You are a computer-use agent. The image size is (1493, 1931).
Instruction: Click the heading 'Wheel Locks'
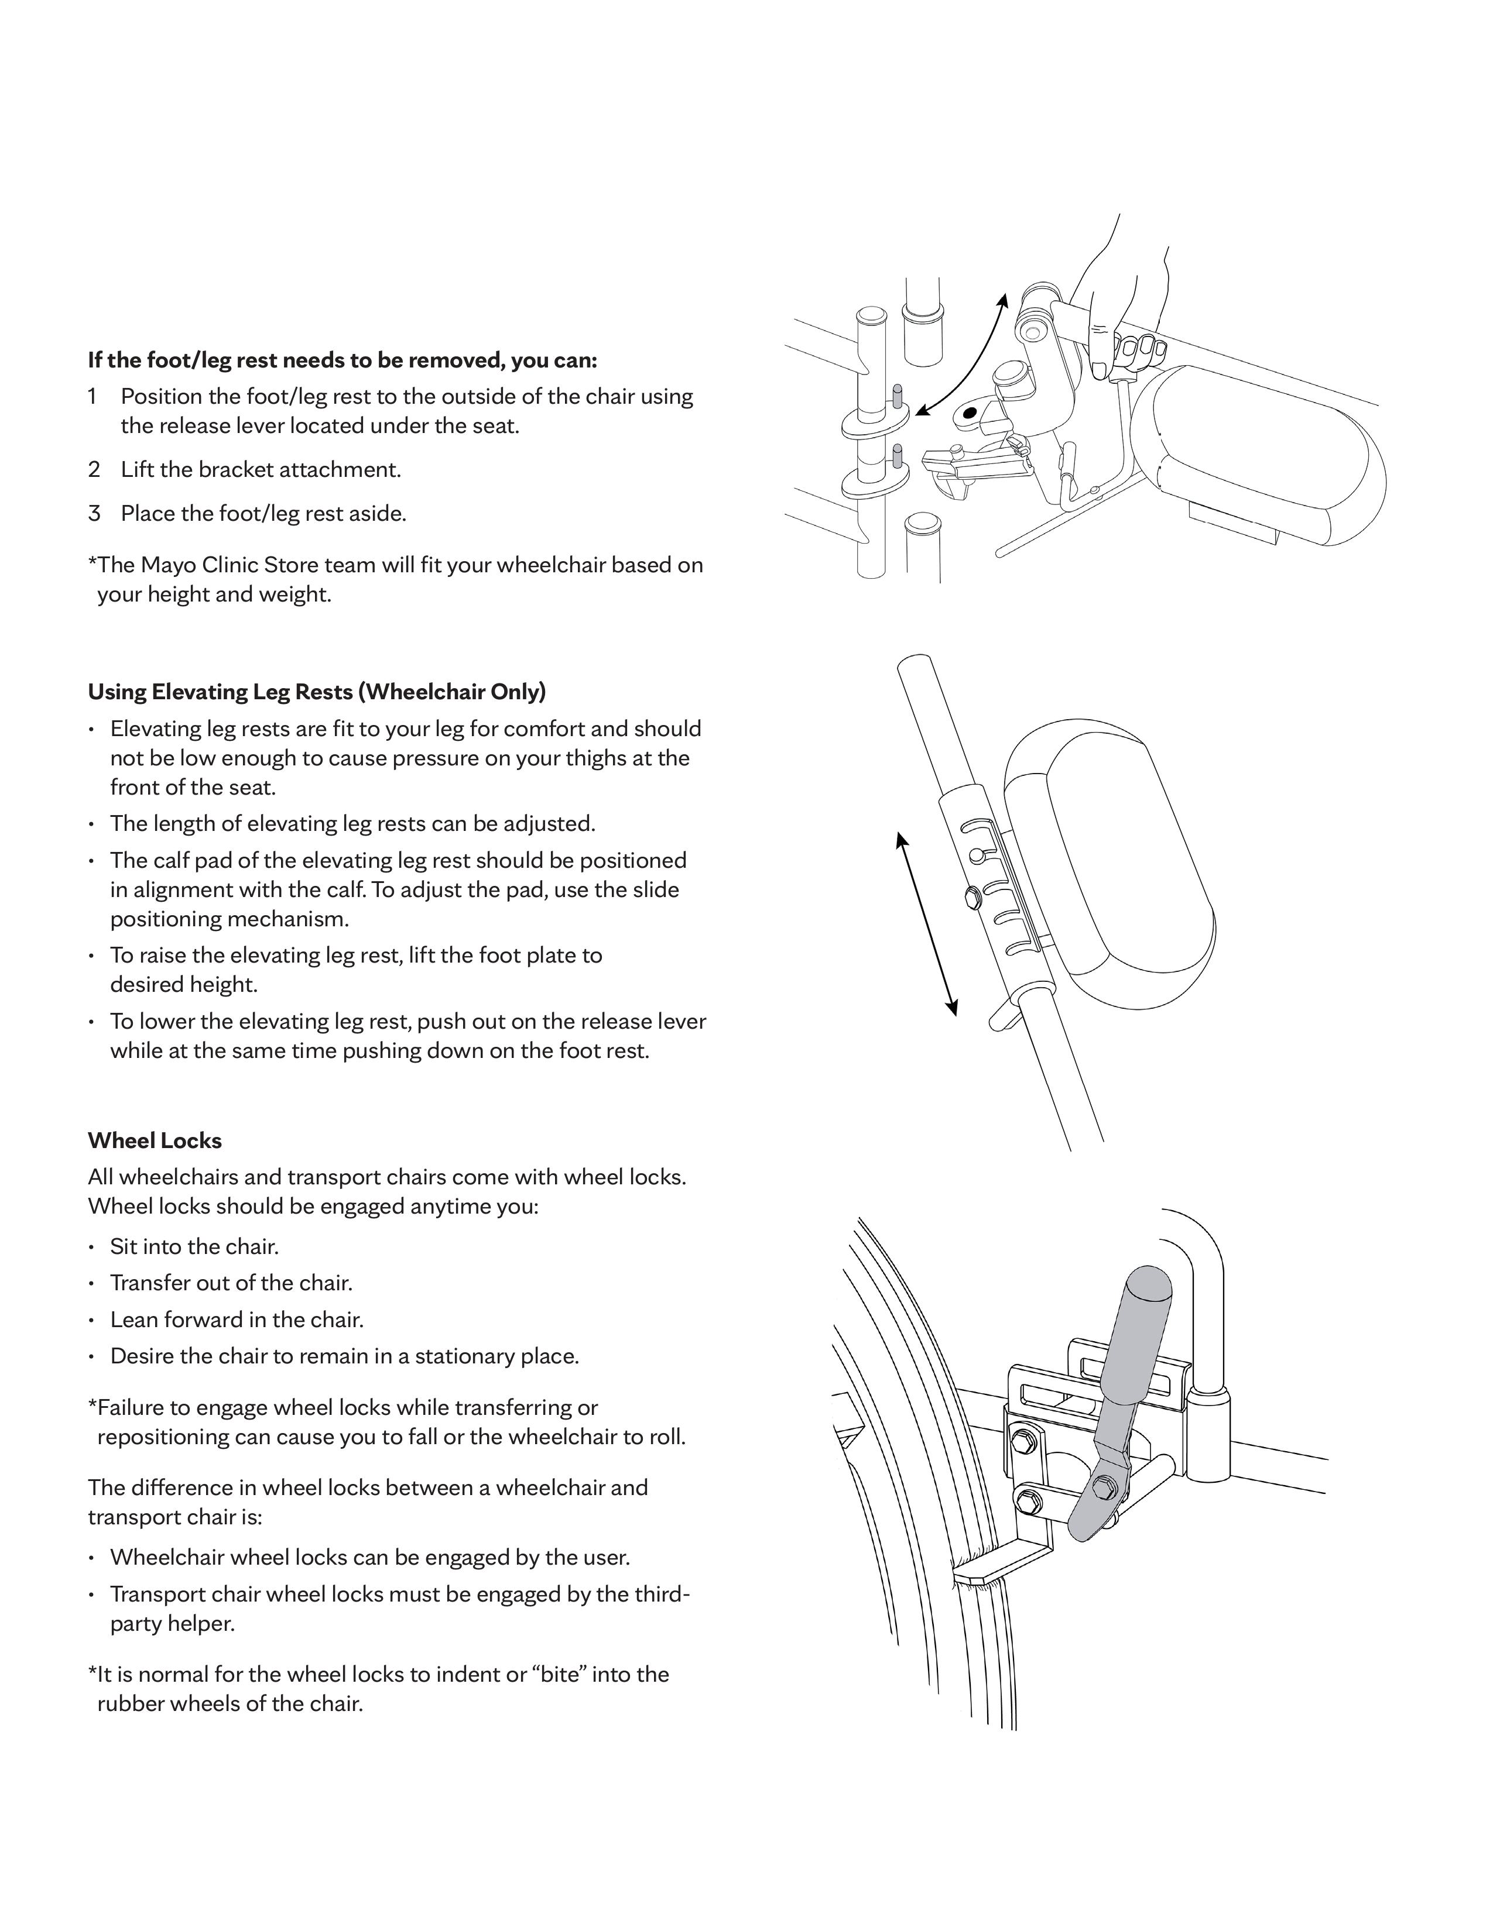point(155,1140)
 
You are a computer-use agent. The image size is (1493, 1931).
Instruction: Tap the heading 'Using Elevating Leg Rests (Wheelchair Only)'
point(317,692)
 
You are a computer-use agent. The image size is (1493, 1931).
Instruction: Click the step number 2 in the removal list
point(94,469)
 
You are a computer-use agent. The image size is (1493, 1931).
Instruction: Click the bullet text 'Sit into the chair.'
point(194,1246)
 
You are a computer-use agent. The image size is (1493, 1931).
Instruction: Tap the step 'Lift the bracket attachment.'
point(261,469)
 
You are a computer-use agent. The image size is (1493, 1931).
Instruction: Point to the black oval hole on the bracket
point(970,412)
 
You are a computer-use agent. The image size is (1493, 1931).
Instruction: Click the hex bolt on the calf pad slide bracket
point(970,898)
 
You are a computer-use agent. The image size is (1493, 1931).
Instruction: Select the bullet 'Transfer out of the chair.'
point(231,1283)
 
